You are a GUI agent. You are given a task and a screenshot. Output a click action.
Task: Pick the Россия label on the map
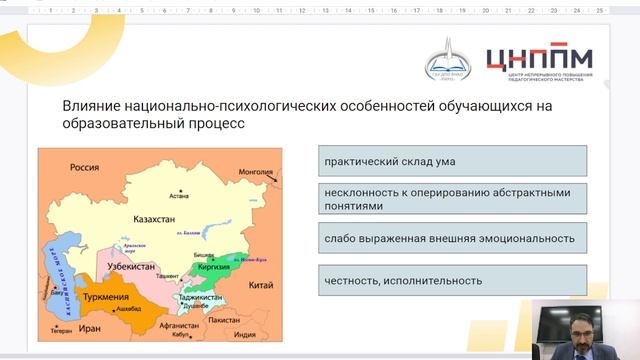point(84,168)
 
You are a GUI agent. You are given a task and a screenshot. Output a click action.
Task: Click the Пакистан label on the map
point(238,321)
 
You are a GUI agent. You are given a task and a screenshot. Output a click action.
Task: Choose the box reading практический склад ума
point(452,161)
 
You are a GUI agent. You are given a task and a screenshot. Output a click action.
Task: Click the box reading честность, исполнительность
point(452,280)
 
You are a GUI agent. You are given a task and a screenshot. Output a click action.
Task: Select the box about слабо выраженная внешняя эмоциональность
point(452,239)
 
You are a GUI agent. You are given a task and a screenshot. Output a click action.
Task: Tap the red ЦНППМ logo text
point(538,58)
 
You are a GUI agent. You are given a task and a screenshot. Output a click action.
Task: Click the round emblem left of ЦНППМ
point(448,60)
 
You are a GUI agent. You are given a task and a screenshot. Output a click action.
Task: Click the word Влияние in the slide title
point(92,106)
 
